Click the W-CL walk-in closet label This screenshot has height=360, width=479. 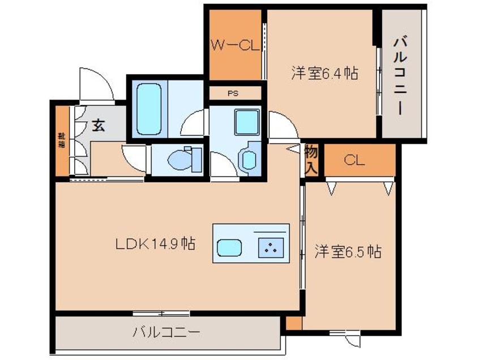click(x=235, y=46)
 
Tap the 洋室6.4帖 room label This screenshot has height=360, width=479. click(x=324, y=73)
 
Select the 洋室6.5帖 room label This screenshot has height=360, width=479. click(x=348, y=252)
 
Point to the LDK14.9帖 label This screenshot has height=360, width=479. click(x=156, y=245)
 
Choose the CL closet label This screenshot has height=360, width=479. click(x=354, y=161)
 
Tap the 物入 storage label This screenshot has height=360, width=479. click(x=311, y=159)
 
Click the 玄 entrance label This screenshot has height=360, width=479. click(x=99, y=126)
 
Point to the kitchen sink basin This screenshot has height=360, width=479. click(x=229, y=248)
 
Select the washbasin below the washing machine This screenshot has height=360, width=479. click(x=249, y=159)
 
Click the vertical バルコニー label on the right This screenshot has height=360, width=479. click(x=402, y=74)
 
